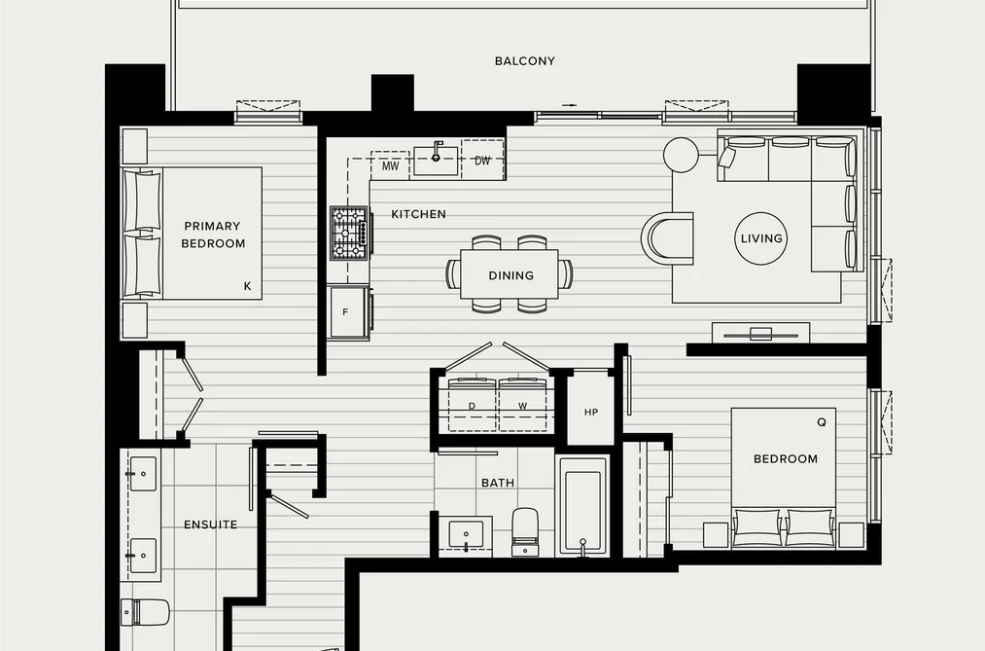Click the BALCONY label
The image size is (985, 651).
coord(524,61)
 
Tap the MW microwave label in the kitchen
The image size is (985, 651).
coord(390,166)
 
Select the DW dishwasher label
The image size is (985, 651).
coord(482,161)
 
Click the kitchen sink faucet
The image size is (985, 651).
coord(437,151)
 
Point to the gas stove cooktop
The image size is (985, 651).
coord(349,234)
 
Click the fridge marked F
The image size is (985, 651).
coord(349,312)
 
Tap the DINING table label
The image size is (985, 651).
coord(510,275)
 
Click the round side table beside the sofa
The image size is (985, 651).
coord(681,154)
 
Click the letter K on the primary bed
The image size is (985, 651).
coord(248,286)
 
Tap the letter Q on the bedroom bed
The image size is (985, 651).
coord(822,422)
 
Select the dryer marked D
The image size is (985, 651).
coord(473,405)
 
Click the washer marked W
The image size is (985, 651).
coord(523,405)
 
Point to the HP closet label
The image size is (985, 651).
coord(591,413)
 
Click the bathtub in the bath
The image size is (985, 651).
coord(583,506)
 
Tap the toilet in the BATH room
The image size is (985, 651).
coord(525,531)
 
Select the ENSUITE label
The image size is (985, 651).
coord(210,524)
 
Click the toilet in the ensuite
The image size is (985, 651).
coord(145,612)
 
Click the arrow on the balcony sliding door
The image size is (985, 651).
coord(569,105)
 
